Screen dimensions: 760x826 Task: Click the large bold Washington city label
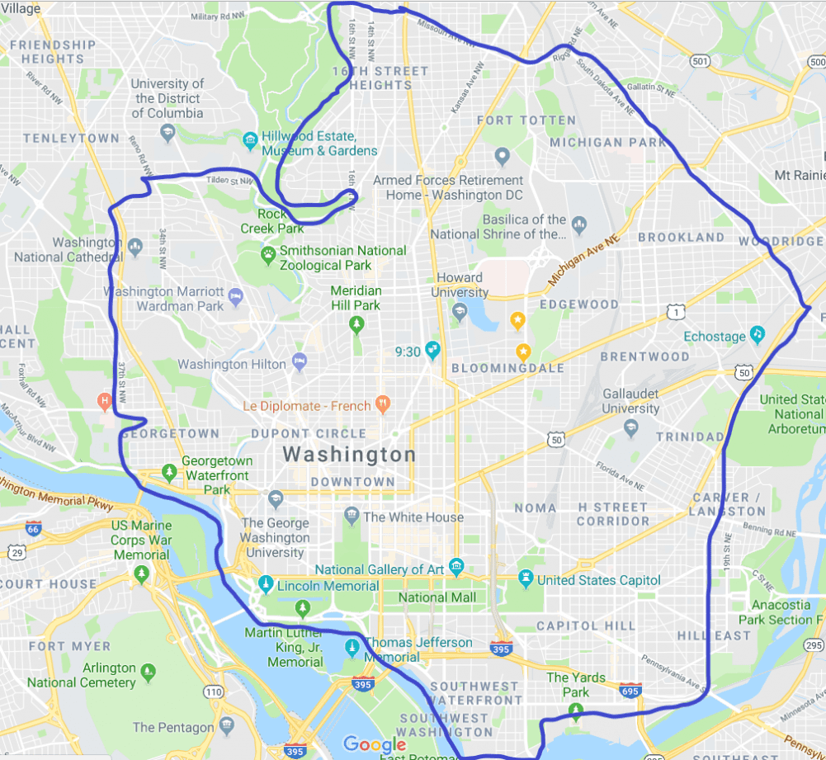(x=349, y=455)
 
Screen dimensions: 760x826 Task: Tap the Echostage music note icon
(x=757, y=335)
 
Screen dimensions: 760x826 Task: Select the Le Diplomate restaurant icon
(x=381, y=404)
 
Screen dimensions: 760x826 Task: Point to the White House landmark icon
(x=352, y=517)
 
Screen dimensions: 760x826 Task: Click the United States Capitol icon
(x=525, y=580)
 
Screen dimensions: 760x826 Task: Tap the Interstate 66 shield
(x=33, y=528)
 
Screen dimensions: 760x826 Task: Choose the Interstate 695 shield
(x=630, y=690)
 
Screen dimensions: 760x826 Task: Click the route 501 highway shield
(x=701, y=61)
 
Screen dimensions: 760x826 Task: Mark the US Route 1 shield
(x=676, y=312)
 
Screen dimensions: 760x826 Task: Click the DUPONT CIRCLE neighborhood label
(x=308, y=433)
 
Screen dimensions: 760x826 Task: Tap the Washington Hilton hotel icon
(x=300, y=363)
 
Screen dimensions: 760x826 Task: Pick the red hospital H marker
(x=104, y=402)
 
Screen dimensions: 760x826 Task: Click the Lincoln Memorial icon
(x=266, y=585)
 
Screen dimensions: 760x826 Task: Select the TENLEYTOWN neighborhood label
(x=71, y=138)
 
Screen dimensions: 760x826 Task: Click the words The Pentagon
(x=172, y=727)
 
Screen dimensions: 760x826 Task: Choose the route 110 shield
(x=213, y=691)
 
